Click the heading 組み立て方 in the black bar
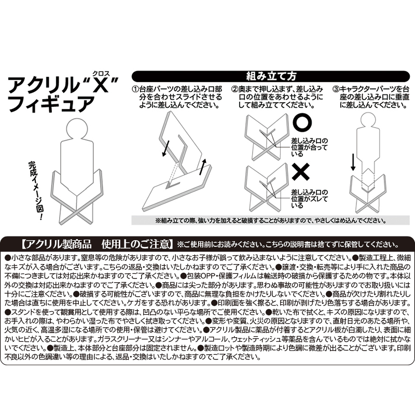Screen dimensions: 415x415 click(x=271, y=76)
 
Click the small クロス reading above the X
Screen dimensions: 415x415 click(x=101, y=74)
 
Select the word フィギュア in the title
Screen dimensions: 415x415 click(x=51, y=104)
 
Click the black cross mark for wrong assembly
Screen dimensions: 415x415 click(x=301, y=172)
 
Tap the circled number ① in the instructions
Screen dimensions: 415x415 click(x=135, y=89)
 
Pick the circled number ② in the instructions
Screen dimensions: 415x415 click(x=234, y=89)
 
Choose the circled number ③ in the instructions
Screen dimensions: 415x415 click(x=336, y=89)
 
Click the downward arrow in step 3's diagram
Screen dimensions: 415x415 click(x=353, y=161)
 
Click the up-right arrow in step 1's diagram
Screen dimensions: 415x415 click(x=202, y=167)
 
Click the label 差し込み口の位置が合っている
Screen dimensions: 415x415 click(x=309, y=147)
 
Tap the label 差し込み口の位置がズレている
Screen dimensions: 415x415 click(x=309, y=199)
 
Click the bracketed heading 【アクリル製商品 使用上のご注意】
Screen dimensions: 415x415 click(x=97, y=244)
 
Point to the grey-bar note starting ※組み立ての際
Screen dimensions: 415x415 click(x=270, y=220)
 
